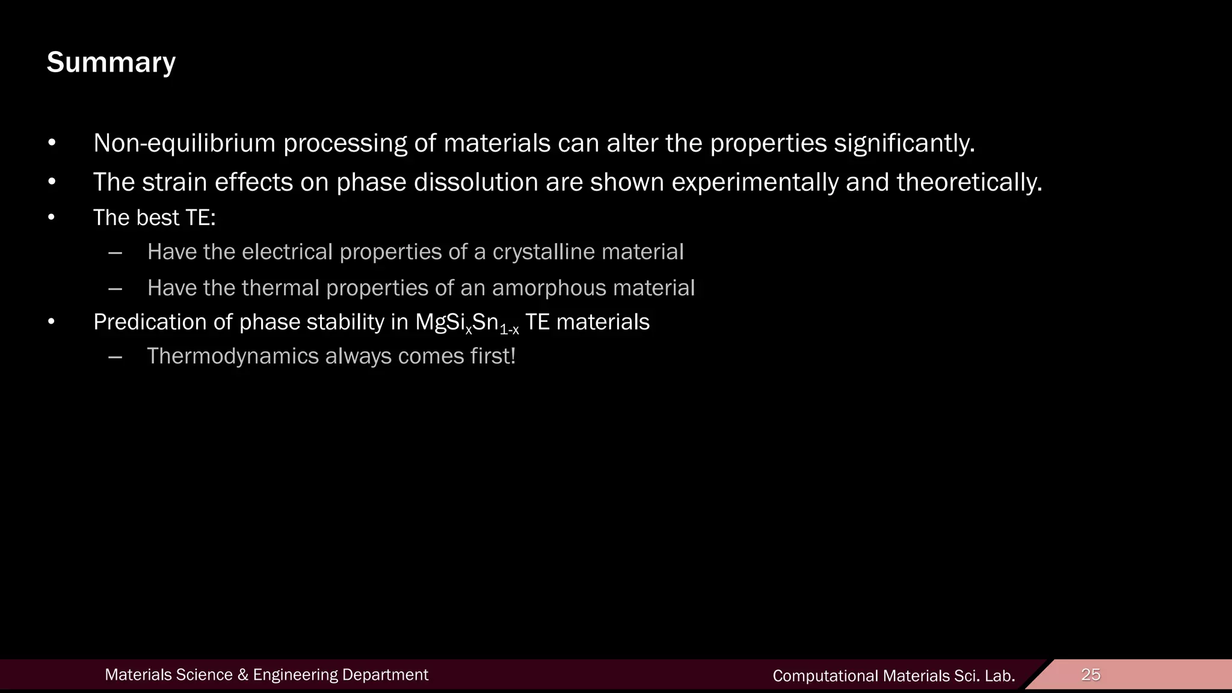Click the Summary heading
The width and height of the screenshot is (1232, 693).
click(111, 63)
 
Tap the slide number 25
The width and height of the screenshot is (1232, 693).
click(1091, 674)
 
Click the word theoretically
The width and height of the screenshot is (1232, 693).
click(969, 182)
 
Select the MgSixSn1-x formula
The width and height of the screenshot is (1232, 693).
click(467, 323)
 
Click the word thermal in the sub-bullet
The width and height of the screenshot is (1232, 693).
click(280, 288)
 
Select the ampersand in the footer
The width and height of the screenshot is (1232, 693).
click(243, 675)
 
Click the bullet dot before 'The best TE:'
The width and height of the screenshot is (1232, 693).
click(52, 218)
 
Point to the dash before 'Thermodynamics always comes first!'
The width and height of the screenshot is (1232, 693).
click(115, 356)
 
